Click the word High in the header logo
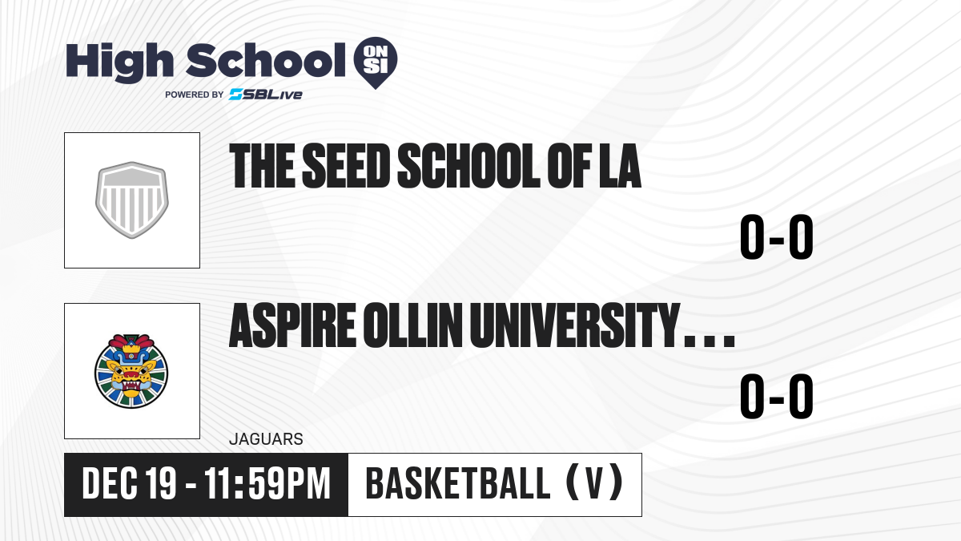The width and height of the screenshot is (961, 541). pyautogui.click(x=119, y=62)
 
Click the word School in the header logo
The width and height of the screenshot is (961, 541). pyautogui.click(x=266, y=60)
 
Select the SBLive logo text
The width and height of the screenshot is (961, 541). pyautogui.click(x=266, y=95)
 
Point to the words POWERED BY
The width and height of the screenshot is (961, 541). pyautogui.click(x=195, y=95)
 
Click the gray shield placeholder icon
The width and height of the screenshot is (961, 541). pyautogui.click(x=131, y=200)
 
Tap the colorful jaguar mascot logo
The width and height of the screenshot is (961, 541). pyautogui.click(x=131, y=371)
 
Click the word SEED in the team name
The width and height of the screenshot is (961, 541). pyautogui.click(x=346, y=166)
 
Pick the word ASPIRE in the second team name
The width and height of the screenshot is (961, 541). pyautogui.click(x=292, y=325)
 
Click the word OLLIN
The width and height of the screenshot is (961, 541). pyautogui.click(x=412, y=325)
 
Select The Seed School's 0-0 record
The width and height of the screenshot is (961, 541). pyautogui.click(x=777, y=237)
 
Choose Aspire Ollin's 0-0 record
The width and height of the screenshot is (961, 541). pyautogui.click(x=777, y=396)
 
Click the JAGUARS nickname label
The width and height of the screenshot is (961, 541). pyautogui.click(x=266, y=439)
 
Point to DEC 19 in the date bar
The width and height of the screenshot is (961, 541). pyautogui.click(x=129, y=484)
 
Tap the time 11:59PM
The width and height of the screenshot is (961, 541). pyautogui.click(x=267, y=484)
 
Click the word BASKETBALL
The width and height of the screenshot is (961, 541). pyautogui.click(x=458, y=484)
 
